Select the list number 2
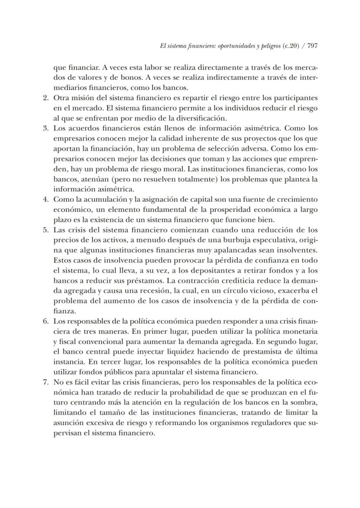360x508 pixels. (46, 98)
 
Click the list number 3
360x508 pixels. (46, 128)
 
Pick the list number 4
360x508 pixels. (46, 199)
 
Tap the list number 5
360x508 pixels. (46, 230)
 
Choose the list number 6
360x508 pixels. (46, 321)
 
